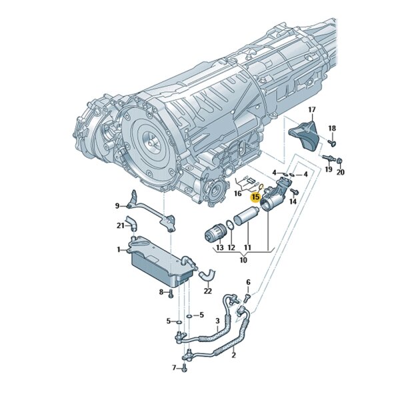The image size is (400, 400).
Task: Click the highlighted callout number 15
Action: click(x=255, y=197)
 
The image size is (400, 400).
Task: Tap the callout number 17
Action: click(x=312, y=110)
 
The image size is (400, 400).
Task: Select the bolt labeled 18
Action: click(x=331, y=143)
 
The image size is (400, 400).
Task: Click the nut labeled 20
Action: click(x=339, y=161)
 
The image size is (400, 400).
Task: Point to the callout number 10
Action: click(x=243, y=260)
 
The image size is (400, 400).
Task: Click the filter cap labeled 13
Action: click(x=215, y=233)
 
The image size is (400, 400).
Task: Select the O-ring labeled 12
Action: click(x=231, y=225)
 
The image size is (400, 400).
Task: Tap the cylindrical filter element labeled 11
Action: click(x=247, y=216)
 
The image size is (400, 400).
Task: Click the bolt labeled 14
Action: click(x=295, y=191)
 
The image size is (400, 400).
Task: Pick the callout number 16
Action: click(x=237, y=194)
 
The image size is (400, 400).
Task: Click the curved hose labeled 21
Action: click(x=131, y=222)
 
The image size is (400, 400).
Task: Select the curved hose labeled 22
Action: click(x=207, y=275)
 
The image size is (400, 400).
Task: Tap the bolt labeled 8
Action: click(x=171, y=293)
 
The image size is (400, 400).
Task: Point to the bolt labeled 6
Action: click(x=247, y=297)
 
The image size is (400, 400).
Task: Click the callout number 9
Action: click(x=117, y=205)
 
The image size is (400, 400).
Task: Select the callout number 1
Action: click(x=119, y=249)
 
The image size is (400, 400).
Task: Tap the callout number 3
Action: click(x=217, y=321)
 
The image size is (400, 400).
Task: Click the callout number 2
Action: click(x=233, y=355)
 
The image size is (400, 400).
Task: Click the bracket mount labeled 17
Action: click(x=304, y=135)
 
